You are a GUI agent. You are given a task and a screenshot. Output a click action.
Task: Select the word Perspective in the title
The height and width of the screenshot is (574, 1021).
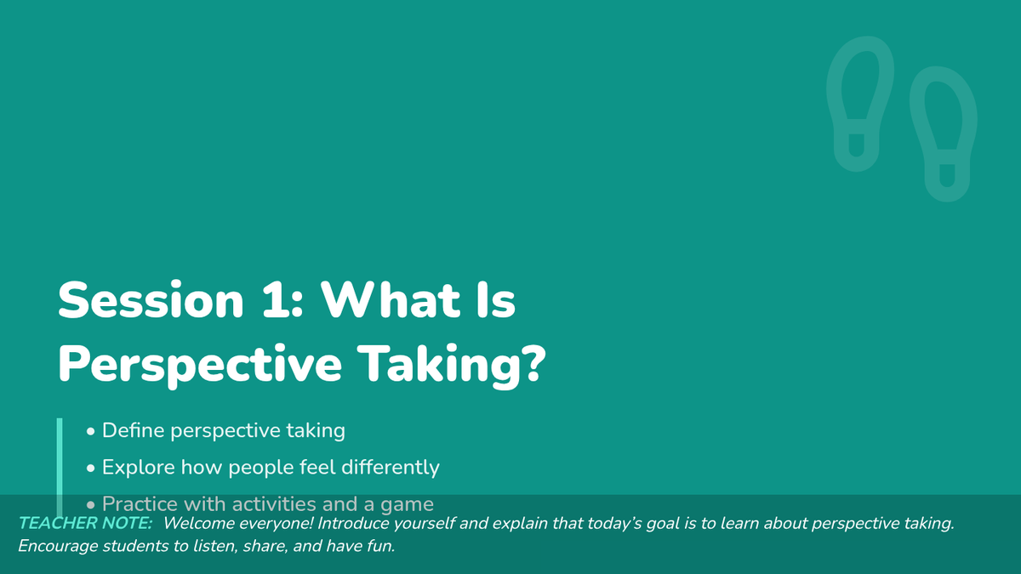[x=200, y=365]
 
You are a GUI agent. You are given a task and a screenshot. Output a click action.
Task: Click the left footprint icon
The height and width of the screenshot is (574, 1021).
[x=860, y=104]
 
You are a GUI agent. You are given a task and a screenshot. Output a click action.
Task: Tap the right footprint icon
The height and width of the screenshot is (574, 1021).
[x=944, y=134]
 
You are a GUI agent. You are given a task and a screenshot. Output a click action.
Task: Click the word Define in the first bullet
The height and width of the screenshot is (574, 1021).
[x=133, y=430]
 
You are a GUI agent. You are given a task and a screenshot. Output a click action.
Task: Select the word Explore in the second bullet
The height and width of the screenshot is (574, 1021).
[x=139, y=468]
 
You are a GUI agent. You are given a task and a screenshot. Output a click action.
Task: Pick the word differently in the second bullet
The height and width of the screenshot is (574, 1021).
[x=391, y=468]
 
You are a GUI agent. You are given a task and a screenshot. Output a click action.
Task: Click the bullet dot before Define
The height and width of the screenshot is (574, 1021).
[x=91, y=431]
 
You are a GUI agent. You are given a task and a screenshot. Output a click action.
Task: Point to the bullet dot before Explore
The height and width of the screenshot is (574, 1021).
[x=91, y=469]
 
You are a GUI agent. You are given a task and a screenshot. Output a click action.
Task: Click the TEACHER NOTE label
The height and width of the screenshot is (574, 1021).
[x=85, y=524]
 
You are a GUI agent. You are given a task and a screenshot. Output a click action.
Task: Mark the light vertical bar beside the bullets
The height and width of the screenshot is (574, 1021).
[x=60, y=468]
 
